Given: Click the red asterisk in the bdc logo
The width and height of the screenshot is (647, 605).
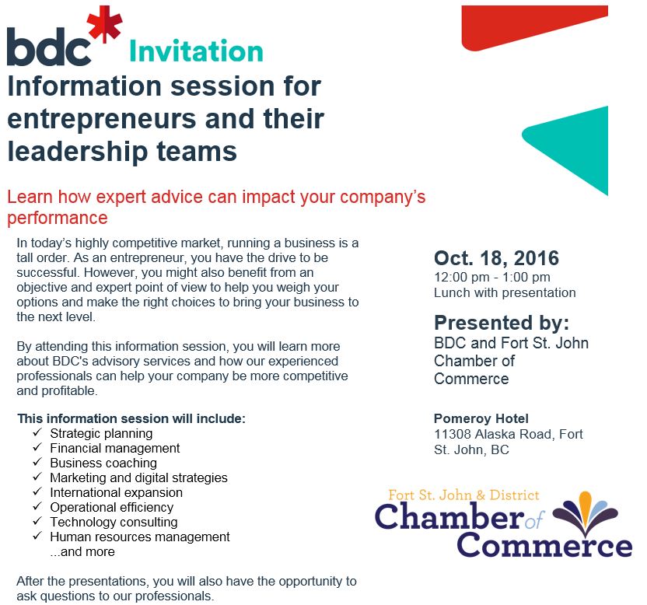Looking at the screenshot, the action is [105, 24].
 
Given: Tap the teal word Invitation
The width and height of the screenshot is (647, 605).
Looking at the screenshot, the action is [197, 51].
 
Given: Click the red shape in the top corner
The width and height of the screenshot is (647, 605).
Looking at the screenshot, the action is [534, 26].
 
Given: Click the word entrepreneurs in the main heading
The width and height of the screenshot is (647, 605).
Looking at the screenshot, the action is [102, 120].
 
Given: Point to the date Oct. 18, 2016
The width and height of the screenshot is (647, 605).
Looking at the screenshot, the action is [496, 258].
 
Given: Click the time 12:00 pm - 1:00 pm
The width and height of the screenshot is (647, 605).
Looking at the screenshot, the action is [491, 277].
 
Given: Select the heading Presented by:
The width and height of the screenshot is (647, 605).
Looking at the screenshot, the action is [502, 323].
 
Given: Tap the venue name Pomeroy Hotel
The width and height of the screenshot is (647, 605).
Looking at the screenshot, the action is [481, 418].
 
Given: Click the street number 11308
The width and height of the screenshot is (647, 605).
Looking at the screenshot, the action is [453, 434].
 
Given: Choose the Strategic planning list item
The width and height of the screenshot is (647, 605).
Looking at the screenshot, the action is [101, 434].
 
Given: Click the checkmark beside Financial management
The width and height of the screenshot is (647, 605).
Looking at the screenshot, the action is [37, 447].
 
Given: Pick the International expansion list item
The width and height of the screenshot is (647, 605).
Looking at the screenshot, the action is [116, 493].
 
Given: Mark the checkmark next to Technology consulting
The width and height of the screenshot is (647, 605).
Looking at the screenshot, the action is [37, 521].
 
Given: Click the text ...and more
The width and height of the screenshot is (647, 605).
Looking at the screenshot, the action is [82, 552].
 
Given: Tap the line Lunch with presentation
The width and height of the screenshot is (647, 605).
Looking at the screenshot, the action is [505, 292].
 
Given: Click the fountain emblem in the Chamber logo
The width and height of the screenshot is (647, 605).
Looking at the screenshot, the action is [585, 512].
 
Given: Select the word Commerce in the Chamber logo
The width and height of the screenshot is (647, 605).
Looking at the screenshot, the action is [544, 546].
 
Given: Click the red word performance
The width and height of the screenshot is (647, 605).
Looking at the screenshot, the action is [58, 218].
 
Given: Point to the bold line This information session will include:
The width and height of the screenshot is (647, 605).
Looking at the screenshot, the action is [131, 418].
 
